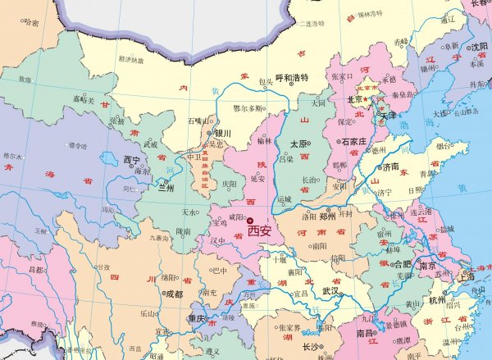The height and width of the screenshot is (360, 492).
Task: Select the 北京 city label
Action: (355, 99)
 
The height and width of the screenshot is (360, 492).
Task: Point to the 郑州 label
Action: (329, 216)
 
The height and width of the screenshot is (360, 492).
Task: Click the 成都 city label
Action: (173, 293)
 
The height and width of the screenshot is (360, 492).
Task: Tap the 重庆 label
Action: (196, 318)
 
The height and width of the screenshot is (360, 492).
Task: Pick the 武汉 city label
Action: (330, 291)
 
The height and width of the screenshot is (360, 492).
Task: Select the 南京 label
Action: (427, 267)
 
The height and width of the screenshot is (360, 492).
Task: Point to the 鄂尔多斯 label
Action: (248, 108)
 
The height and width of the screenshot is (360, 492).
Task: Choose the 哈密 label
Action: (32, 23)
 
